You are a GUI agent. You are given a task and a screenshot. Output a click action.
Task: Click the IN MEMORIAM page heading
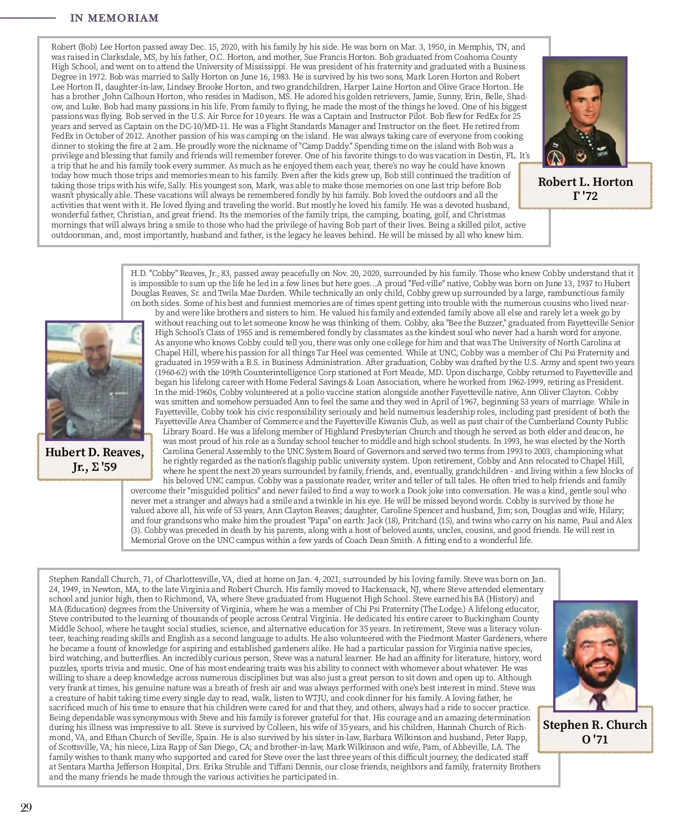tap(114, 18)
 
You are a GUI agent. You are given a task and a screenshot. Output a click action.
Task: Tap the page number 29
tap(26, 808)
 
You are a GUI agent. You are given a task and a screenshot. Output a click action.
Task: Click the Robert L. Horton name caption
tap(585, 182)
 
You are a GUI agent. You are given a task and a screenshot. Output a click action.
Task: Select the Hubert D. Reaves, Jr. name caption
tap(95, 459)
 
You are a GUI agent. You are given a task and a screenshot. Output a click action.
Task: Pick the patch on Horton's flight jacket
tap(557, 158)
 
